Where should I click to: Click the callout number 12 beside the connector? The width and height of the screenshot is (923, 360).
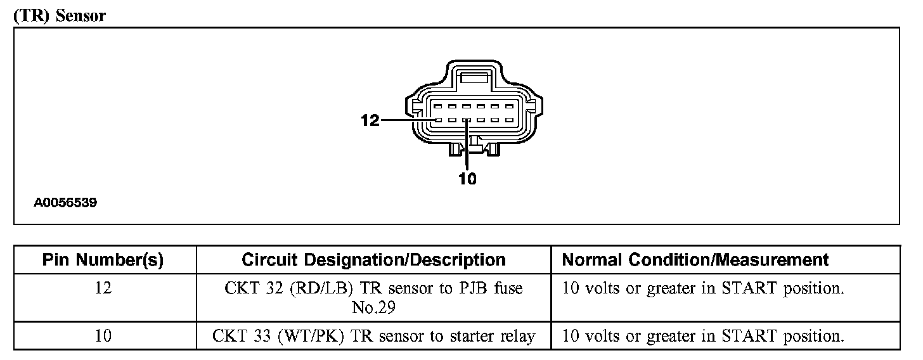click(370, 120)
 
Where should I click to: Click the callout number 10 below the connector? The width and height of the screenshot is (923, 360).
click(467, 179)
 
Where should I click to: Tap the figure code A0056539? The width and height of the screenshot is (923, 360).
click(65, 203)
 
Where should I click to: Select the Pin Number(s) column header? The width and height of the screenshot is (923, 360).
click(103, 260)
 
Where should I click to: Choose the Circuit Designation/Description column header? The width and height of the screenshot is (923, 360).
click(373, 260)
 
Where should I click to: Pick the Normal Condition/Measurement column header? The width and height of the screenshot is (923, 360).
click(695, 260)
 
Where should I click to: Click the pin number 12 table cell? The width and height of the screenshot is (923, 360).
click(103, 289)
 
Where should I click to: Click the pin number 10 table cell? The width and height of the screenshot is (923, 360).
click(103, 337)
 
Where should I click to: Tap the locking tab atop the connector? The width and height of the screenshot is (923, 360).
click(475, 79)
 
